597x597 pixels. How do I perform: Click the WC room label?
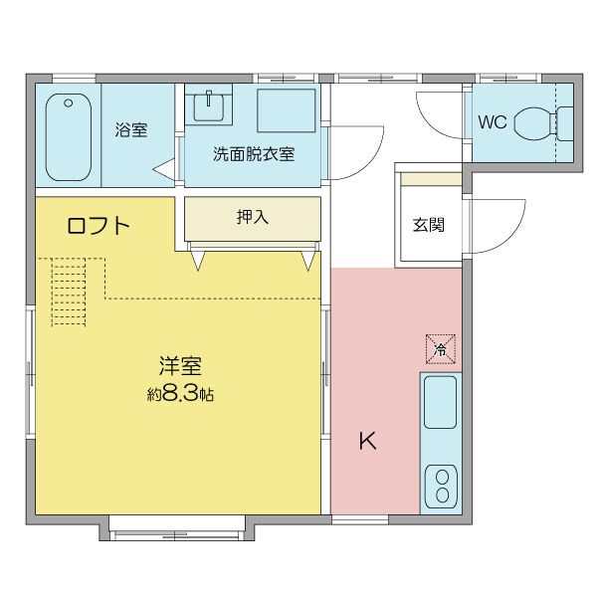(493, 123)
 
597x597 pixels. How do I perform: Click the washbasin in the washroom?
(212, 105)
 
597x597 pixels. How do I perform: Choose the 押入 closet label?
(253, 217)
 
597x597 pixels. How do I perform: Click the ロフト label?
(99, 226)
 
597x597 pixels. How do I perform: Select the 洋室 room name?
(179, 365)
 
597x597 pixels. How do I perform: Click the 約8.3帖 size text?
(180, 394)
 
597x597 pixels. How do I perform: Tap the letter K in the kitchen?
(367, 441)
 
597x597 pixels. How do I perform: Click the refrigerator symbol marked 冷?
(440, 348)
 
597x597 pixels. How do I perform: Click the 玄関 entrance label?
(429, 224)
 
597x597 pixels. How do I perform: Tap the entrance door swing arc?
(497, 225)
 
